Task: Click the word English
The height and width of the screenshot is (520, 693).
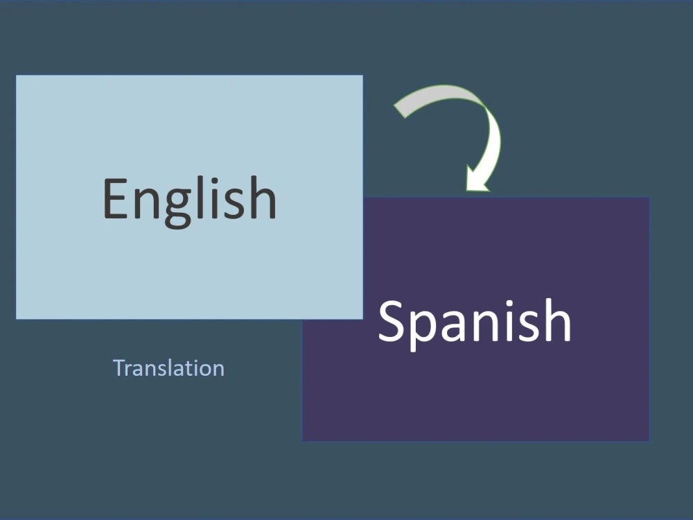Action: coord(189,199)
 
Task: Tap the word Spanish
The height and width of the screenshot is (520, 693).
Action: coord(475,320)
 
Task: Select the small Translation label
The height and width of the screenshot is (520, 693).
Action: coord(168,367)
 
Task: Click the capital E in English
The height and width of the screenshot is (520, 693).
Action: coord(116,199)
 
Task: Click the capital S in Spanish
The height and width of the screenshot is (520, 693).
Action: coord(392,320)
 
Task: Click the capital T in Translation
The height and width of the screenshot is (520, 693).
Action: coord(119,367)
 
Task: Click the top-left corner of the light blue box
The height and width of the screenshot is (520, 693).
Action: coord(17,76)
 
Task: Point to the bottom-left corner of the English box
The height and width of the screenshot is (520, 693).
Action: coord(17,318)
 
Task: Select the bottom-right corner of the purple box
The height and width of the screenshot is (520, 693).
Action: coord(649,440)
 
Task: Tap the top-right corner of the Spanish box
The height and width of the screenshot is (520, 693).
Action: coord(649,198)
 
